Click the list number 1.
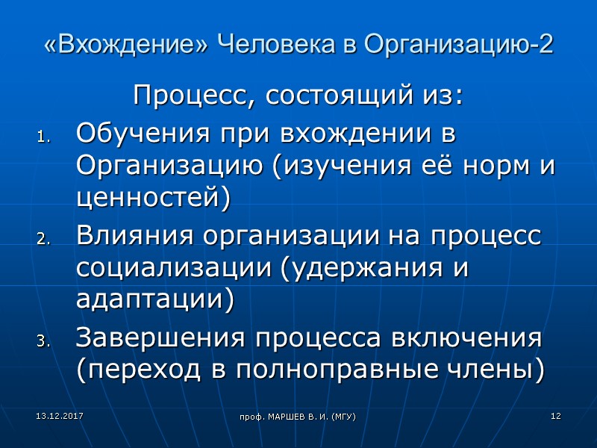click(42, 137)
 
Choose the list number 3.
click(42, 341)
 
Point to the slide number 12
click(555, 414)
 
